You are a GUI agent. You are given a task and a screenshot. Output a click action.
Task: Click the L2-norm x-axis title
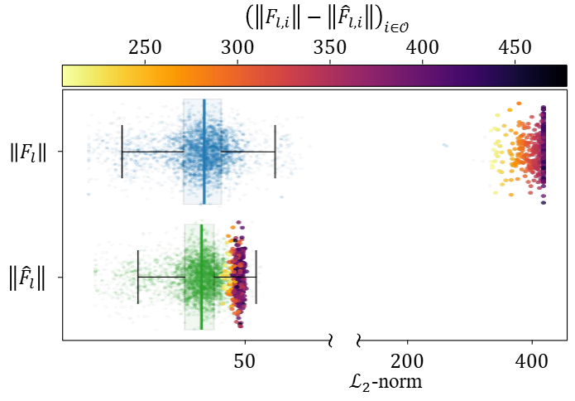pyautogui.click(x=386, y=382)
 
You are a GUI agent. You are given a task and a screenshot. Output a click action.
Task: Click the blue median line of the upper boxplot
pyautogui.click(x=204, y=152)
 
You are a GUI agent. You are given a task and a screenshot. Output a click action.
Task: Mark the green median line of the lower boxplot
pyautogui.click(x=201, y=276)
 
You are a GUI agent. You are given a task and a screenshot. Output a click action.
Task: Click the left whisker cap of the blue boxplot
pyautogui.click(x=122, y=152)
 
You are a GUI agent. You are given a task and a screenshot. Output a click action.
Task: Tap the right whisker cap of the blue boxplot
pyautogui.click(x=275, y=152)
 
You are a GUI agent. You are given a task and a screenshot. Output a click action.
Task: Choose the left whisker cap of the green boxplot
pyautogui.click(x=137, y=276)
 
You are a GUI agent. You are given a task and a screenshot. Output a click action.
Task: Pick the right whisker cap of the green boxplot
pyautogui.click(x=256, y=276)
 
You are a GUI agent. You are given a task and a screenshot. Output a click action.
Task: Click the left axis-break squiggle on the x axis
pyautogui.click(x=330, y=340)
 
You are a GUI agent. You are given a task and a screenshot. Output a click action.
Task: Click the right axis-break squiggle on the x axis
pyautogui.click(x=359, y=340)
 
